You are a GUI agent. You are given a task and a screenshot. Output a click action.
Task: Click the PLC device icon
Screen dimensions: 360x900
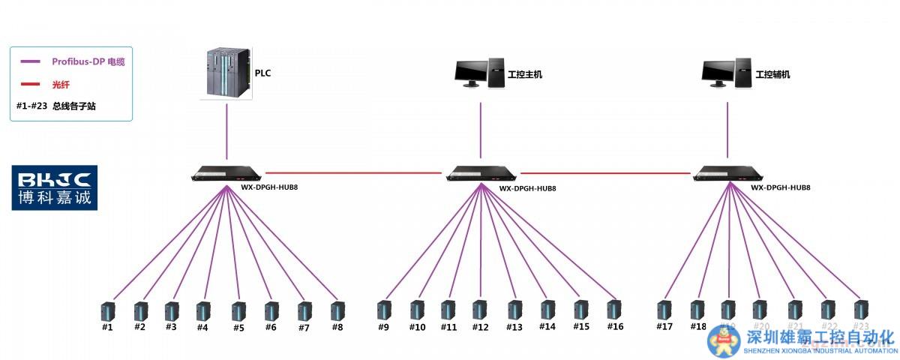[227, 73]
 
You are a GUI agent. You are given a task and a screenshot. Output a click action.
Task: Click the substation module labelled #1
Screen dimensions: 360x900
[108, 310]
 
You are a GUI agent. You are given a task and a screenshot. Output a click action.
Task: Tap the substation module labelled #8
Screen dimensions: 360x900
[337, 310]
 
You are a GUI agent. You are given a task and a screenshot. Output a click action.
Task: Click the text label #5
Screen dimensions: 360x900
[238, 328]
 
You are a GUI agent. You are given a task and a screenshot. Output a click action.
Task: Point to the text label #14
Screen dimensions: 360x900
[547, 327]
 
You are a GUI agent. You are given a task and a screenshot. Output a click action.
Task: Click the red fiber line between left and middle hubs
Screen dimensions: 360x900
[352, 173]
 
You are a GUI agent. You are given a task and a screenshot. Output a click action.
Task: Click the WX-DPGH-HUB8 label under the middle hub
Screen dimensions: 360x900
[527, 188]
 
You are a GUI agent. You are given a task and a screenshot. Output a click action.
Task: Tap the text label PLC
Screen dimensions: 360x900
[262, 73]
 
